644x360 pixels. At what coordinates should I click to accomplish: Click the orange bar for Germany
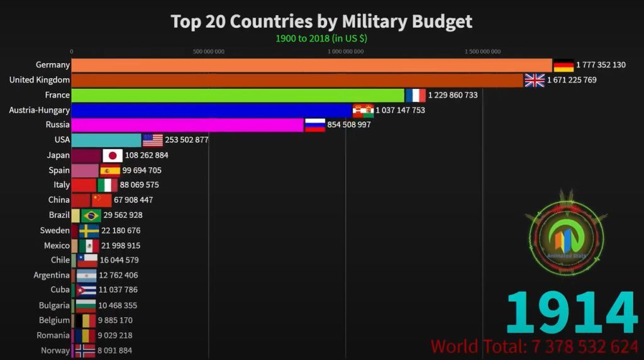(x=311, y=65)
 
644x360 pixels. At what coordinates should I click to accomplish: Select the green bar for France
(x=238, y=95)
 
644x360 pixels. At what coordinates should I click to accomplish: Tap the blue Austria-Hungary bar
(x=211, y=110)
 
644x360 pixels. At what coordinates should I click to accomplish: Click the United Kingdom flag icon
(x=535, y=80)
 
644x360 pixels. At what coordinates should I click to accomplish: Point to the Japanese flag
(x=113, y=155)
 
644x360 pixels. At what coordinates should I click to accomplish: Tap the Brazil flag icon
(x=91, y=215)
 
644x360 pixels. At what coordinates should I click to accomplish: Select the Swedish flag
(x=89, y=230)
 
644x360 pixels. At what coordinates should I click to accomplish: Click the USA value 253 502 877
(x=187, y=140)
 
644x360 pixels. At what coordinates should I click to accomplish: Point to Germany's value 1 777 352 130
(x=592, y=65)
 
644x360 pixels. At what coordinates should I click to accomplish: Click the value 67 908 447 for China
(x=133, y=200)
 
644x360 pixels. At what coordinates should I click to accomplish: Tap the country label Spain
(x=59, y=170)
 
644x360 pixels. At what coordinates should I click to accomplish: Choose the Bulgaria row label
(x=53, y=305)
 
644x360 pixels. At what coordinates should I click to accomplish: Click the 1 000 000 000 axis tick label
(x=345, y=52)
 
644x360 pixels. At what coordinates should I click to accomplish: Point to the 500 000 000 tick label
(x=209, y=52)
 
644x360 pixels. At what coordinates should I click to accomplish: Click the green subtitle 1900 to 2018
(x=321, y=38)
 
